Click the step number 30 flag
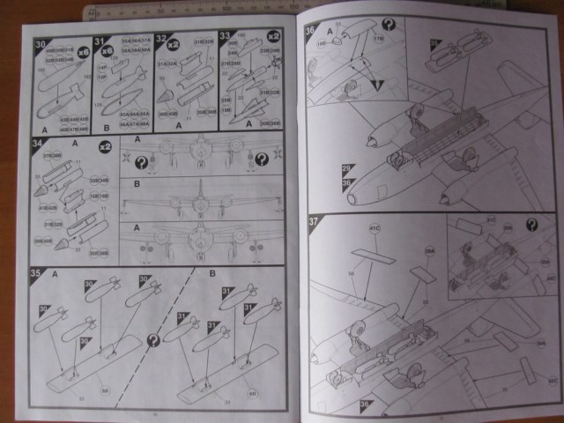(x=40, y=43)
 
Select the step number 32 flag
(x=161, y=40)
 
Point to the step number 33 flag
(x=226, y=38)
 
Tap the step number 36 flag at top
(x=310, y=29)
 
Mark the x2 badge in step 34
(x=105, y=146)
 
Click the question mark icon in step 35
(x=155, y=339)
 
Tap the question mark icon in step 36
(x=388, y=25)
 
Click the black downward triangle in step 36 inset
(x=377, y=85)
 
